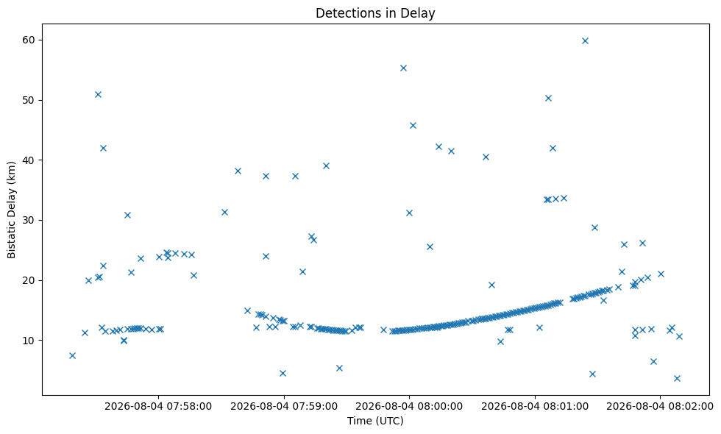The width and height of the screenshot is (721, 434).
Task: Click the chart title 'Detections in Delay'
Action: (x=375, y=13)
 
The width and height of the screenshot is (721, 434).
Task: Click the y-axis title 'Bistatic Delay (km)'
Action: (x=12, y=210)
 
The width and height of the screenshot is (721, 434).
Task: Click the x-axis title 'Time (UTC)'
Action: (x=375, y=421)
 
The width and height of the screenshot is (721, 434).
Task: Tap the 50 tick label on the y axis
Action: (x=29, y=100)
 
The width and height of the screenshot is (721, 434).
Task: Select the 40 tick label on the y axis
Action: (x=29, y=160)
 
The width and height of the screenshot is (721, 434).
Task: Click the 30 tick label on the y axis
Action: (x=29, y=220)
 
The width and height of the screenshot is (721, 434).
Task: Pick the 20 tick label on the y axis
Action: (x=29, y=280)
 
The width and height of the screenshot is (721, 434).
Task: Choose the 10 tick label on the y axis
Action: (x=29, y=340)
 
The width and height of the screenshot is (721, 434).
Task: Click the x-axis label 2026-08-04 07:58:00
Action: (x=158, y=406)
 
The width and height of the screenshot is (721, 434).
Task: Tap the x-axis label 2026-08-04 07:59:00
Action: (x=284, y=406)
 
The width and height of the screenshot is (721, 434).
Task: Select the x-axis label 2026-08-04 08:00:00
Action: (x=409, y=406)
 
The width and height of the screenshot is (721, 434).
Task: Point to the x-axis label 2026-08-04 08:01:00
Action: (x=535, y=406)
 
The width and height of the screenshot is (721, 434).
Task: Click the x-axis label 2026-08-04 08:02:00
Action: (x=660, y=406)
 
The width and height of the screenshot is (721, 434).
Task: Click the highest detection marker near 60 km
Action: (x=585, y=40)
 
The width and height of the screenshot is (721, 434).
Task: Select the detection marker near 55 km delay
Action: (x=403, y=68)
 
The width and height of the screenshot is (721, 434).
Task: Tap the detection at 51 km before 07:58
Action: (x=98, y=94)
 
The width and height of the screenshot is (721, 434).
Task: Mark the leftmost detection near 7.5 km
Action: (x=72, y=355)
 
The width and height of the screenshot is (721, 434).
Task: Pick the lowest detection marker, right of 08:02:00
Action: (x=677, y=378)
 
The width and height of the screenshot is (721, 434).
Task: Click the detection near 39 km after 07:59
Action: (x=326, y=166)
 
